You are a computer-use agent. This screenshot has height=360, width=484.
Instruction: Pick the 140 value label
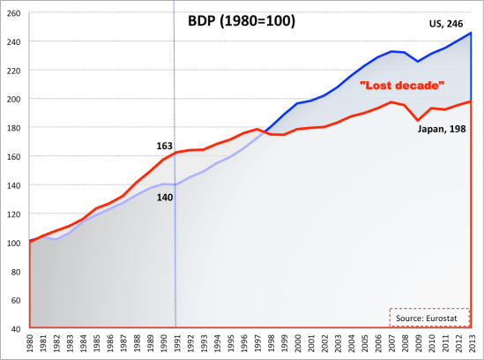pyautogui.click(x=164, y=198)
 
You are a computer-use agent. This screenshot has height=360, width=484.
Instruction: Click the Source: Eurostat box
pyautogui.click(x=429, y=316)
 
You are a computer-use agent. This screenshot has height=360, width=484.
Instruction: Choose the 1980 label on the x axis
pyautogui.click(x=31, y=344)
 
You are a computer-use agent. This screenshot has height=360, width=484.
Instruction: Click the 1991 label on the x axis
pyautogui.click(x=175, y=344)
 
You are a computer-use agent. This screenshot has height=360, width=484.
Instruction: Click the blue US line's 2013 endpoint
pyautogui.click(x=471, y=33)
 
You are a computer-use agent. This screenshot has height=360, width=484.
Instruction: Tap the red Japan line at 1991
pyautogui.click(x=175, y=153)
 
